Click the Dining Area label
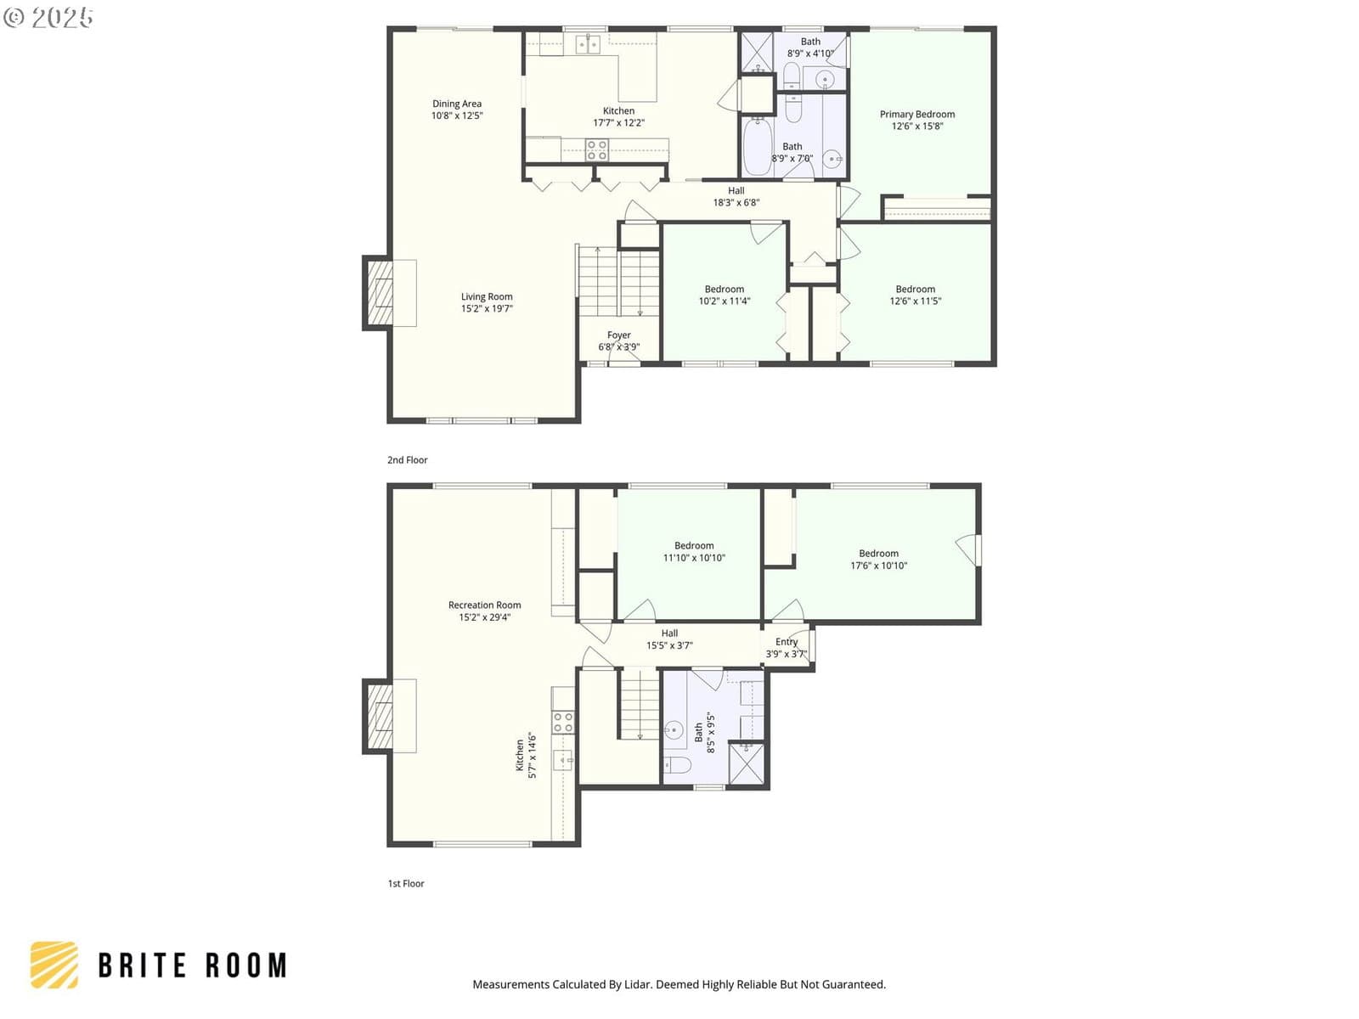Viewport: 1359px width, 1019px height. (456, 104)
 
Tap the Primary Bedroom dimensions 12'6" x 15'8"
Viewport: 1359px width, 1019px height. (916, 127)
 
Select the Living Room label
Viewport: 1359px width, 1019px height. (486, 297)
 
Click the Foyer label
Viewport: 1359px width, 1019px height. (618, 335)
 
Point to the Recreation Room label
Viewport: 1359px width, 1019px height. (484, 605)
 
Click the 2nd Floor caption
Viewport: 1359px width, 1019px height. (407, 459)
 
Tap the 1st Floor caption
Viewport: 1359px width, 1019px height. (405, 883)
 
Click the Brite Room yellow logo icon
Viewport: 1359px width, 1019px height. (54, 965)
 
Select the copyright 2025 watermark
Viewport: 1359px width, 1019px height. (48, 17)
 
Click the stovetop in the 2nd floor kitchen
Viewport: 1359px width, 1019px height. (597, 150)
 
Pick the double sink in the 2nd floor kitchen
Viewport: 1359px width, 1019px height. (588, 44)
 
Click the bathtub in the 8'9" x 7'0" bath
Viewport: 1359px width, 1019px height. (756, 147)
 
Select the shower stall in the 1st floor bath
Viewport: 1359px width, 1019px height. (747, 764)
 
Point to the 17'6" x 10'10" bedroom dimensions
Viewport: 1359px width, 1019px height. (878, 566)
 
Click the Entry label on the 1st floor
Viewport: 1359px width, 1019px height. (787, 642)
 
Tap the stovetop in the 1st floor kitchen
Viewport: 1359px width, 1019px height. (563, 722)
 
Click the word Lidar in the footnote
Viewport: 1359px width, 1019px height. (637, 984)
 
